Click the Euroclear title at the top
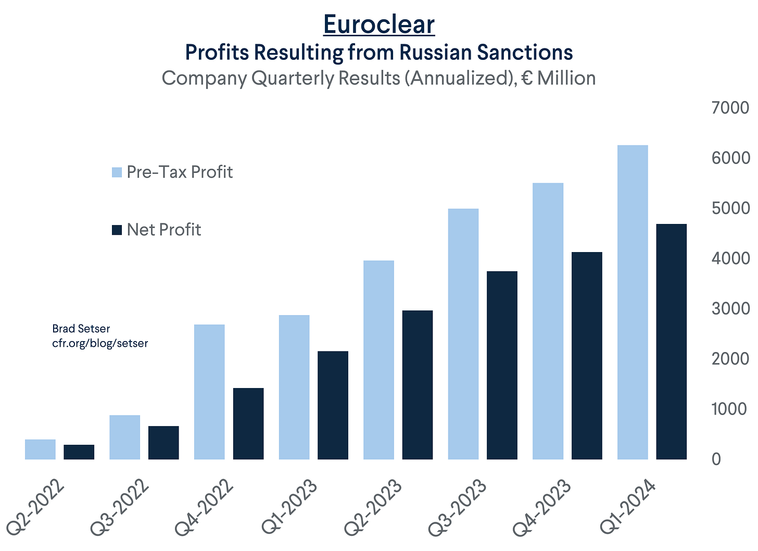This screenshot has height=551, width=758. [378, 24]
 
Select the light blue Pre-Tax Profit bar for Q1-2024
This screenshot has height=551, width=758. [633, 302]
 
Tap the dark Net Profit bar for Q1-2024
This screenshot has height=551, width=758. [671, 342]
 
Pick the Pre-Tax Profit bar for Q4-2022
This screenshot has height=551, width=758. [209, 392]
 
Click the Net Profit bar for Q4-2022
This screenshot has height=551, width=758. [248, 423]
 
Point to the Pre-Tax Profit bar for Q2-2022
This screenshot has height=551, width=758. [40, 449]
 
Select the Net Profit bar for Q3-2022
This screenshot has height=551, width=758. [163, 443]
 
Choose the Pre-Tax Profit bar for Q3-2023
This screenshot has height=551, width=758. [463, 334]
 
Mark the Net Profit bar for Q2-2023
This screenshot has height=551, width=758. [418, 385]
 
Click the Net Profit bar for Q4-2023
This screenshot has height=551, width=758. [587, 356]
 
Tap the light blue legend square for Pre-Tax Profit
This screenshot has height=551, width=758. [117, 172]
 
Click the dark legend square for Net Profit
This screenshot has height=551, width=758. [117, 230]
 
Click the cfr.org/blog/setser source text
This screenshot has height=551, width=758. [100, 343]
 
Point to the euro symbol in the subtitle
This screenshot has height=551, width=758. [527, 79]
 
